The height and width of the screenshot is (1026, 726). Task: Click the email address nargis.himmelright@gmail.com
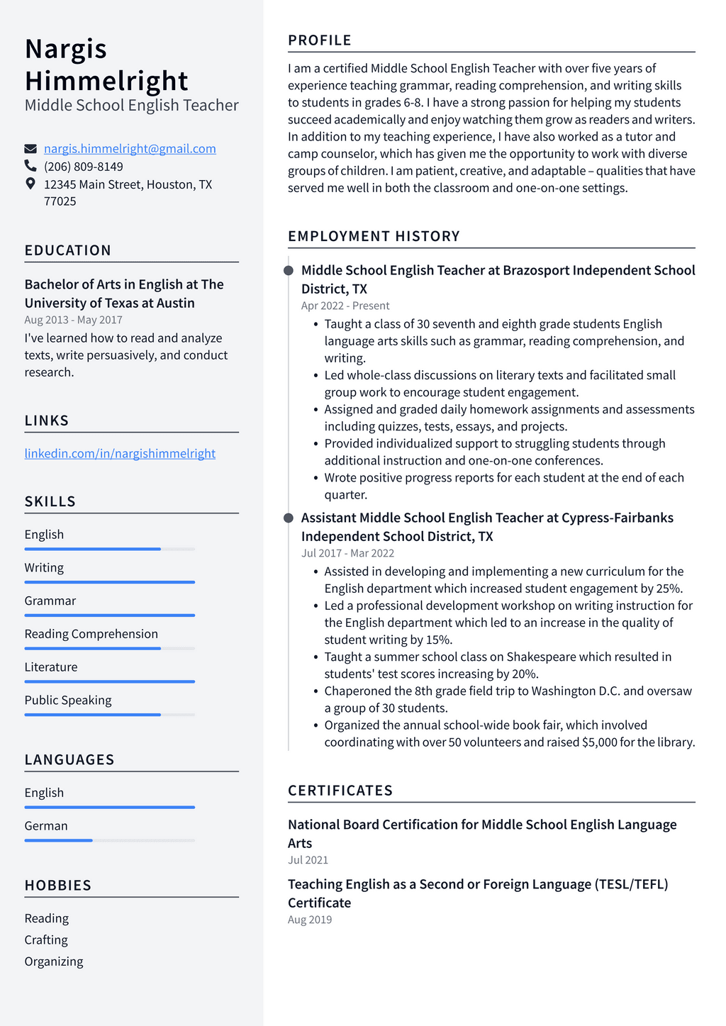130,149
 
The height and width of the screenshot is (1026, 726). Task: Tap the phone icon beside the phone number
30,166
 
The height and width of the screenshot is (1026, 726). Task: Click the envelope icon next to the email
30,149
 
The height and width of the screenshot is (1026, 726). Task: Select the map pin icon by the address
30,184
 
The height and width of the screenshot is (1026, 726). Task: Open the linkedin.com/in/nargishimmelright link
120,454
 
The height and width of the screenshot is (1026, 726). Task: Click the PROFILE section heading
320,40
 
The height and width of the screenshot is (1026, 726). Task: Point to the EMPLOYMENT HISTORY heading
374,236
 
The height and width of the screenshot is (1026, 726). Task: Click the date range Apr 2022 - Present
345,306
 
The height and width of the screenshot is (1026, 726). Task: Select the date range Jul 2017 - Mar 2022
347,553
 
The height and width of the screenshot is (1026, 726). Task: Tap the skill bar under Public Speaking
109,715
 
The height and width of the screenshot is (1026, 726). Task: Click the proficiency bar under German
109,840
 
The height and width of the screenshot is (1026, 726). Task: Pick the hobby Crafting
46,940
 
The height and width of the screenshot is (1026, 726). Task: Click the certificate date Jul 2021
308,860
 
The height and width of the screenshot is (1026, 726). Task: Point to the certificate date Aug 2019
310,920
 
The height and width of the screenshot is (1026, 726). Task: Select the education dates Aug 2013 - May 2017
73,320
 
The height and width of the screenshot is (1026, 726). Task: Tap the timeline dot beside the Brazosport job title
289,271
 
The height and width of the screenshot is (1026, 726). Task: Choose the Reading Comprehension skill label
91,634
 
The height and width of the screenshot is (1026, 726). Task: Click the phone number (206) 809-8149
84,167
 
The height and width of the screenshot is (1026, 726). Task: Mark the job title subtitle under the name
131,106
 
